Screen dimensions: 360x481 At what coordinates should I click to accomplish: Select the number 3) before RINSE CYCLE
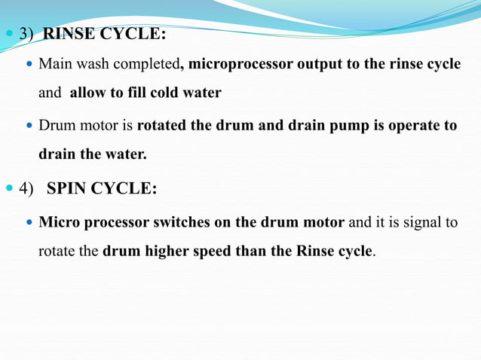26,35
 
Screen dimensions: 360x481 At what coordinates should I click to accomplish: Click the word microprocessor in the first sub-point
239,65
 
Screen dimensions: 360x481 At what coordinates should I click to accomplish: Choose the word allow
88,94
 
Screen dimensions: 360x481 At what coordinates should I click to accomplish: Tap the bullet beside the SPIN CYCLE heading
9,189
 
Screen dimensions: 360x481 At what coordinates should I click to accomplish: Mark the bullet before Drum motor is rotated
31,127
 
